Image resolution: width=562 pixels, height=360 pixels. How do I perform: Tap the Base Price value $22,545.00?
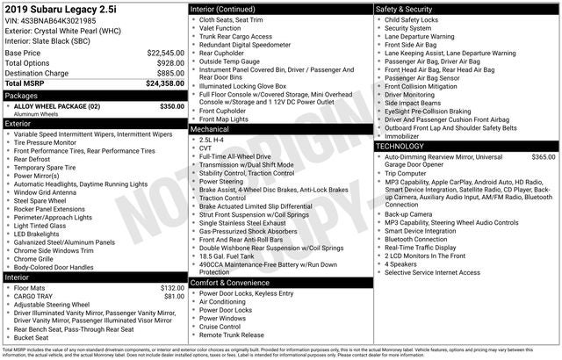(x=165, y=53)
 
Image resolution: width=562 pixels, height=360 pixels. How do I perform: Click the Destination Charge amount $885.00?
(x=169, y=73)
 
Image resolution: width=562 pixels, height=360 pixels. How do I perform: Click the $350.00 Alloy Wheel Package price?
(x=171, y=105)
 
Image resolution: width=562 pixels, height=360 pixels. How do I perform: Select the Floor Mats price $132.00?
(x=172, y=287)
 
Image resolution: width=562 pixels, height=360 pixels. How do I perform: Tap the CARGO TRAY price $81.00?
(x=175, y=296)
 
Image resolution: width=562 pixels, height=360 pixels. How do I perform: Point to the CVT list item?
(x=205, y=148)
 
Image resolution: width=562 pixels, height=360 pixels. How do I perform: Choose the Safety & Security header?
(x=407, y=8)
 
